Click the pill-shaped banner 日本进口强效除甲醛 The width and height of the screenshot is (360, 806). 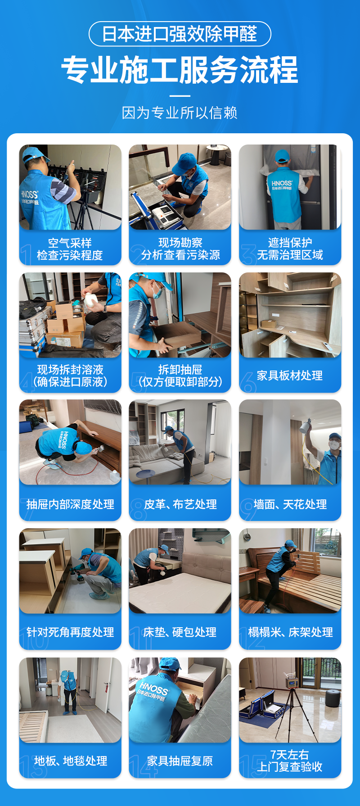tap(180, 34)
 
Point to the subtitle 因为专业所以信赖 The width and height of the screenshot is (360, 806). tap(180, 113)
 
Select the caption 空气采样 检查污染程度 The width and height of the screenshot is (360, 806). tap(70, 249)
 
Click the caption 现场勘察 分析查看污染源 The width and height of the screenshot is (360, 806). tap(180, 249)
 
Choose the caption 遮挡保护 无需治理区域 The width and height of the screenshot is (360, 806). tap(290, 249)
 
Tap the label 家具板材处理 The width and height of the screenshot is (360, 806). tap(290, 376)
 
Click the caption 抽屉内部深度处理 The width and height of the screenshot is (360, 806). tap(70, 504)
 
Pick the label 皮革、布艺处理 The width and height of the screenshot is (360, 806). tap(180, 504)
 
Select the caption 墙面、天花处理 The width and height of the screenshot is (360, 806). tap(290, 504)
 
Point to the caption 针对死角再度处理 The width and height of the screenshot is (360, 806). tap(70, 632)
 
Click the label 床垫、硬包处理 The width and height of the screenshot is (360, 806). tap(180, 632)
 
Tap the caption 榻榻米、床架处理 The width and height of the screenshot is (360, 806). tap(290, 632)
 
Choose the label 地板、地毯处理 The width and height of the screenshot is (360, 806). tap(71, 761)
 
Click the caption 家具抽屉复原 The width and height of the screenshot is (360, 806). tap(180, 761)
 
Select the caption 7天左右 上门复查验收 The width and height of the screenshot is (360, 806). tap(290, 761)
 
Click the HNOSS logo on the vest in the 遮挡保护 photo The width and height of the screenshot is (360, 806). tap(282, 185)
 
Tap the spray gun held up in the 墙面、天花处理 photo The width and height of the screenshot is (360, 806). tap(306, 426)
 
